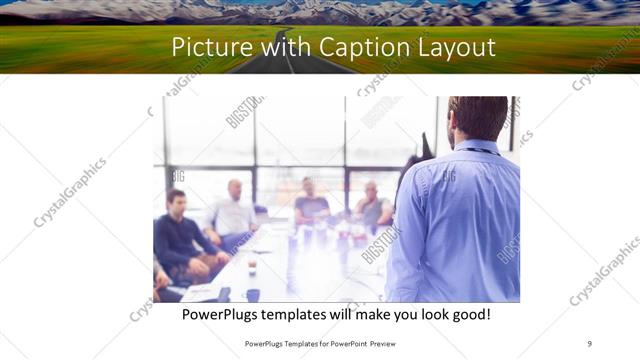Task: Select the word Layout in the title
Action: [x=454, y=48]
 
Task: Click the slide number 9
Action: [x=589, y=343]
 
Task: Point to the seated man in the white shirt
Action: [x=233, y=212]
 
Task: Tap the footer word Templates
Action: [x=295, y=343]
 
